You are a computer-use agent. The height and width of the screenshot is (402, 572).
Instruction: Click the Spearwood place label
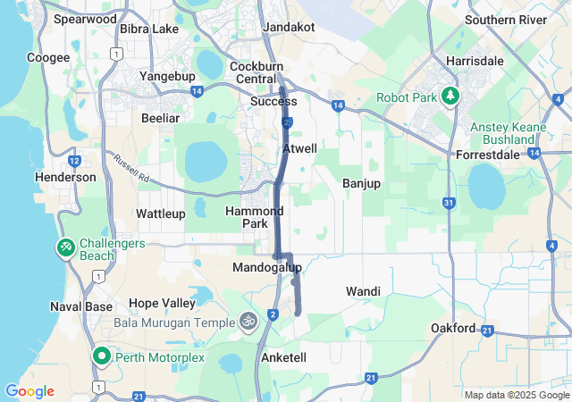tap(85, 18)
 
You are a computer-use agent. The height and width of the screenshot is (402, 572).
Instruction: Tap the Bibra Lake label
tap(149, 29)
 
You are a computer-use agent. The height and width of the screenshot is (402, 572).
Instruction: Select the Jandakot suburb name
tap(289, 27)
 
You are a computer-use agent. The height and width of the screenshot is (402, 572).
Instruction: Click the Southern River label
tap(505, 20)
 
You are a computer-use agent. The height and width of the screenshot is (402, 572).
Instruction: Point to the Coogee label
tap(48, 57)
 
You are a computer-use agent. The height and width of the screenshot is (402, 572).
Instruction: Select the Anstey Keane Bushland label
tap(514, 133)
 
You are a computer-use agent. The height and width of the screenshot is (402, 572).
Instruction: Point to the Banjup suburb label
tap(361, 183)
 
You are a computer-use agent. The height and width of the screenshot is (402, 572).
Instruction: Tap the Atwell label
tap(299, 148)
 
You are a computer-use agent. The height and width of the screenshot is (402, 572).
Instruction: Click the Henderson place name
tap(65, 177)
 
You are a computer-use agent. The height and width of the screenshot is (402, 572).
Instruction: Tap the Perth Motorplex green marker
tap(101, 357)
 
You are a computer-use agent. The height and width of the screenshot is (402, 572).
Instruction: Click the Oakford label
tap(453, 328)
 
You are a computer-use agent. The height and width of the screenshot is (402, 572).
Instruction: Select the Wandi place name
tap(363, 291)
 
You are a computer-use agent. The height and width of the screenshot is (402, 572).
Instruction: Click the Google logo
tap(29, 391)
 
